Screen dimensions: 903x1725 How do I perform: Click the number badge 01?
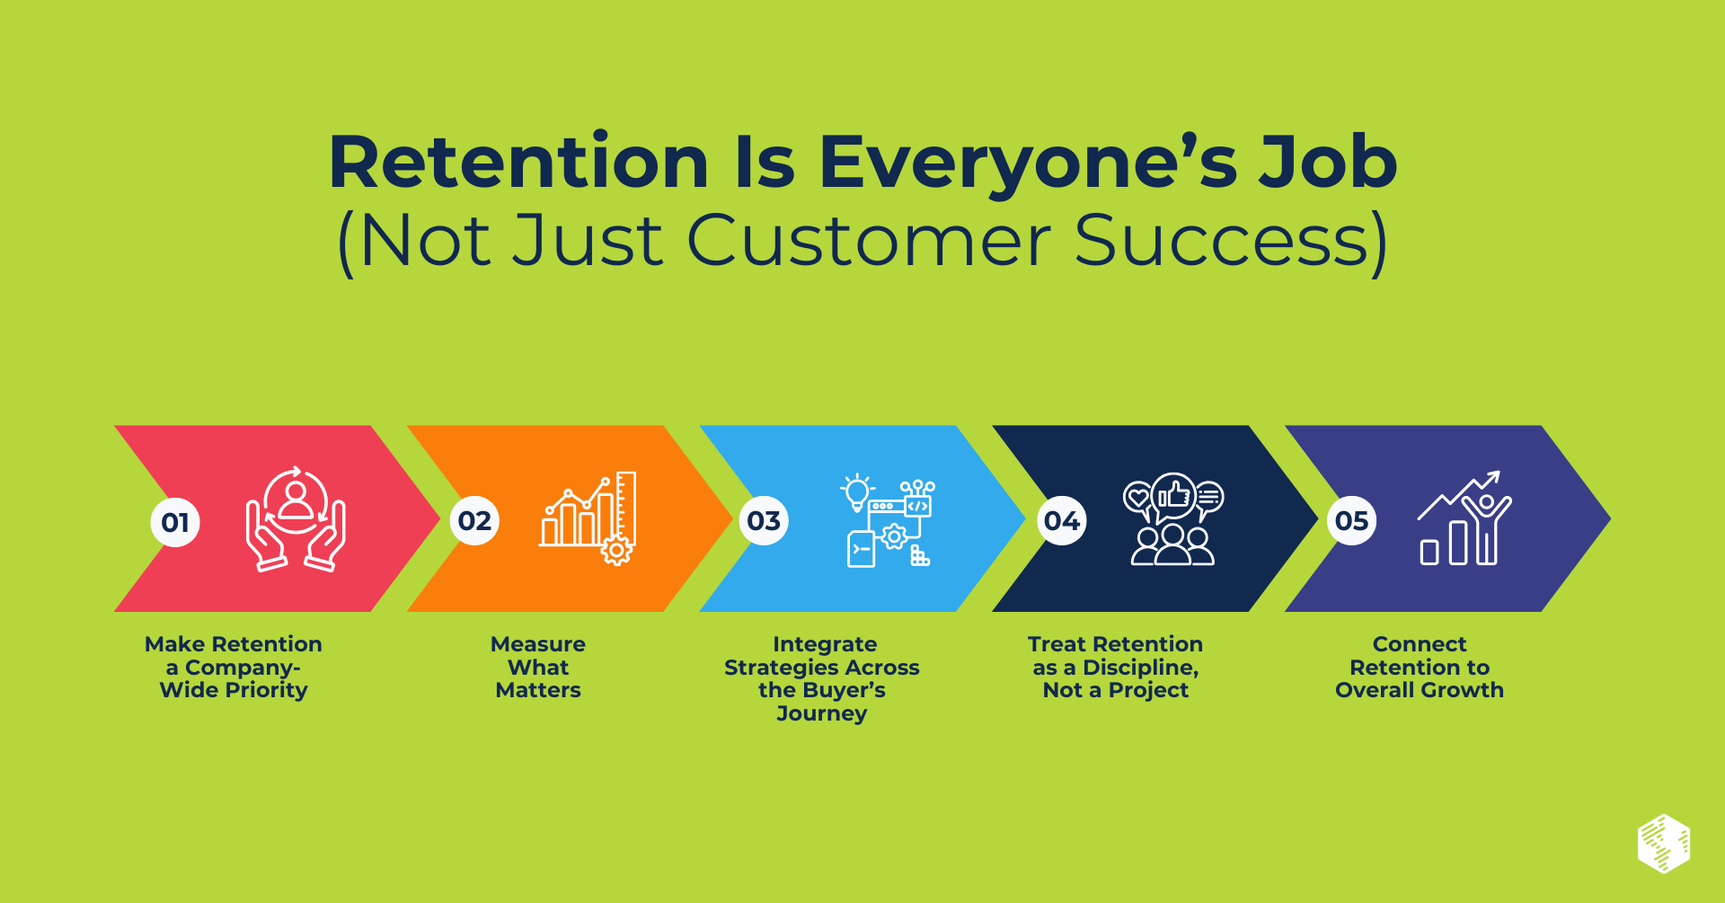coord(175,522)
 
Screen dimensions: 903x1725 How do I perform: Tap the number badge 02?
coord(474,520)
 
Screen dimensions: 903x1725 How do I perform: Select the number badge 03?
coord(764,520)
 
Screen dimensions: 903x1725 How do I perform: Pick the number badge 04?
coord(1062,520)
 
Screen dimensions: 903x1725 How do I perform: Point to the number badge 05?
coord(1351,520)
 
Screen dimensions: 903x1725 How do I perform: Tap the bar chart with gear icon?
coord(588,518)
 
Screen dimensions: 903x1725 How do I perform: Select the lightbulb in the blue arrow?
coord(856,492)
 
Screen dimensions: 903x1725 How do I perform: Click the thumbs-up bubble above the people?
coord(1173,495)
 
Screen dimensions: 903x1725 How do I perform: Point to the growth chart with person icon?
coord(1464,518)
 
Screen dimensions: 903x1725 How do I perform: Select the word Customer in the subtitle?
coord(869,241)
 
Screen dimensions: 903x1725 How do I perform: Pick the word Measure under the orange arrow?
coord(537,644)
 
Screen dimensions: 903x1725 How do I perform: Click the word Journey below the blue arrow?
coord(821,714)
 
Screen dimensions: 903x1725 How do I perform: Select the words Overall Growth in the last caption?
coord(1419,690)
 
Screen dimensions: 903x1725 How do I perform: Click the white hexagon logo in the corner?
coord(1663,844)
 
